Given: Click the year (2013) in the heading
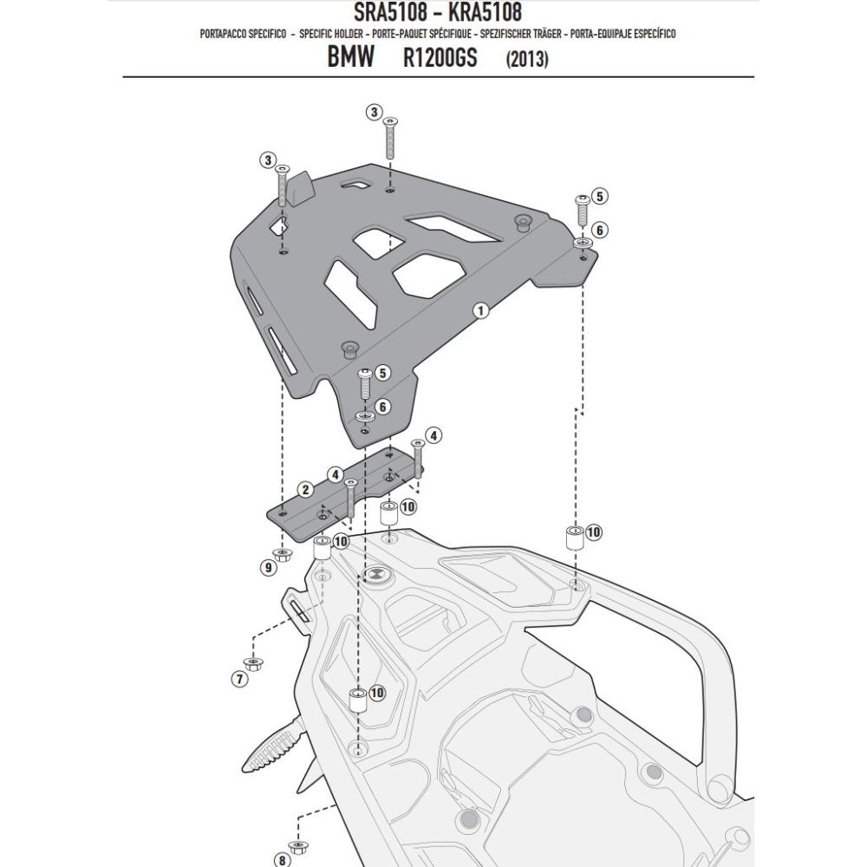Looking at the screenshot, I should tap(526, 62).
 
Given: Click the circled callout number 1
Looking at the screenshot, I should tap(482, 310).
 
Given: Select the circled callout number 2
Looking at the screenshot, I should tap(305, 490).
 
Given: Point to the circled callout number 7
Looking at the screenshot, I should tap(240, 680).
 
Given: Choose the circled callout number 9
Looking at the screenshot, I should tap(268, 567).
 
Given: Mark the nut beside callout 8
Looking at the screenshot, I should tap(299, 821).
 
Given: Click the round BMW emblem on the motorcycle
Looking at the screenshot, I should tap(378, 576).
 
